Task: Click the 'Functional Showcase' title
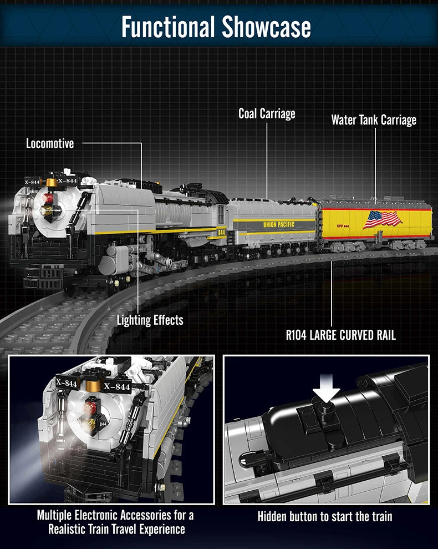click(x=216, y=27)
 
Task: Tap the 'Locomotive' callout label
click(x=50, y=144)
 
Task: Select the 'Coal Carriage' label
click(x=267, y=113)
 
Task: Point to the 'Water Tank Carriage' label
click(x=374, y=120)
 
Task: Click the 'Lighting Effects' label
click(x=150, y=320)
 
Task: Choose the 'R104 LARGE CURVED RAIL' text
click(x=341, y=335)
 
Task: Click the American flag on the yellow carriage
click(x=382, y=219)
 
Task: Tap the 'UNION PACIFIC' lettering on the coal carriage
click(x=279, y=224)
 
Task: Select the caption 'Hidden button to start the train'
click(x=325, y=516)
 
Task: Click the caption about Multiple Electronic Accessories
click(x=115, y=522)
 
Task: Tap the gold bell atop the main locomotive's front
click(x=51, y=183)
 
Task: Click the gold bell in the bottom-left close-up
click(x=93, y=385)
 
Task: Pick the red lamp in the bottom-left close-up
click(x=90, y=407)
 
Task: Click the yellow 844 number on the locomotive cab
click(x=221, y=232)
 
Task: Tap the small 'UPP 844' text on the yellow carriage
click(x=343, y=226)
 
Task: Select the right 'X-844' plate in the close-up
click(x=117, y=386)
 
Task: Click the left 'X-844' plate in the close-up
click(x=66, y=382)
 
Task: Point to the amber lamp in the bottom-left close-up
click(x=89, y=424)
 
